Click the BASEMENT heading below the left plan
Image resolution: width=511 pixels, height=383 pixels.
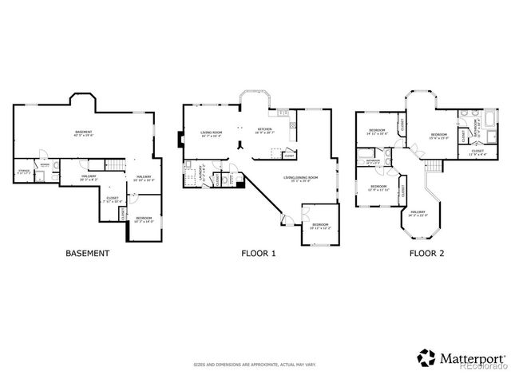(86, 254)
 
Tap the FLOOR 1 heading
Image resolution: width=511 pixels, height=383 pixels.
(258, 254)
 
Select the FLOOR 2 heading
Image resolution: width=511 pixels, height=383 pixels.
(426, 254)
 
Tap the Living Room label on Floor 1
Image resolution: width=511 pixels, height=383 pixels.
(212, 133)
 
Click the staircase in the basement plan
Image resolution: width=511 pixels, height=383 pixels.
(117, 164)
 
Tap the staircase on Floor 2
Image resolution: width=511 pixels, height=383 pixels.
(434, 166)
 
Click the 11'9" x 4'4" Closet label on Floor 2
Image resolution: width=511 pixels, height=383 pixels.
(477, 152)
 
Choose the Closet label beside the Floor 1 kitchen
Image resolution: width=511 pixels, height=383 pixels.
(288, 156)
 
